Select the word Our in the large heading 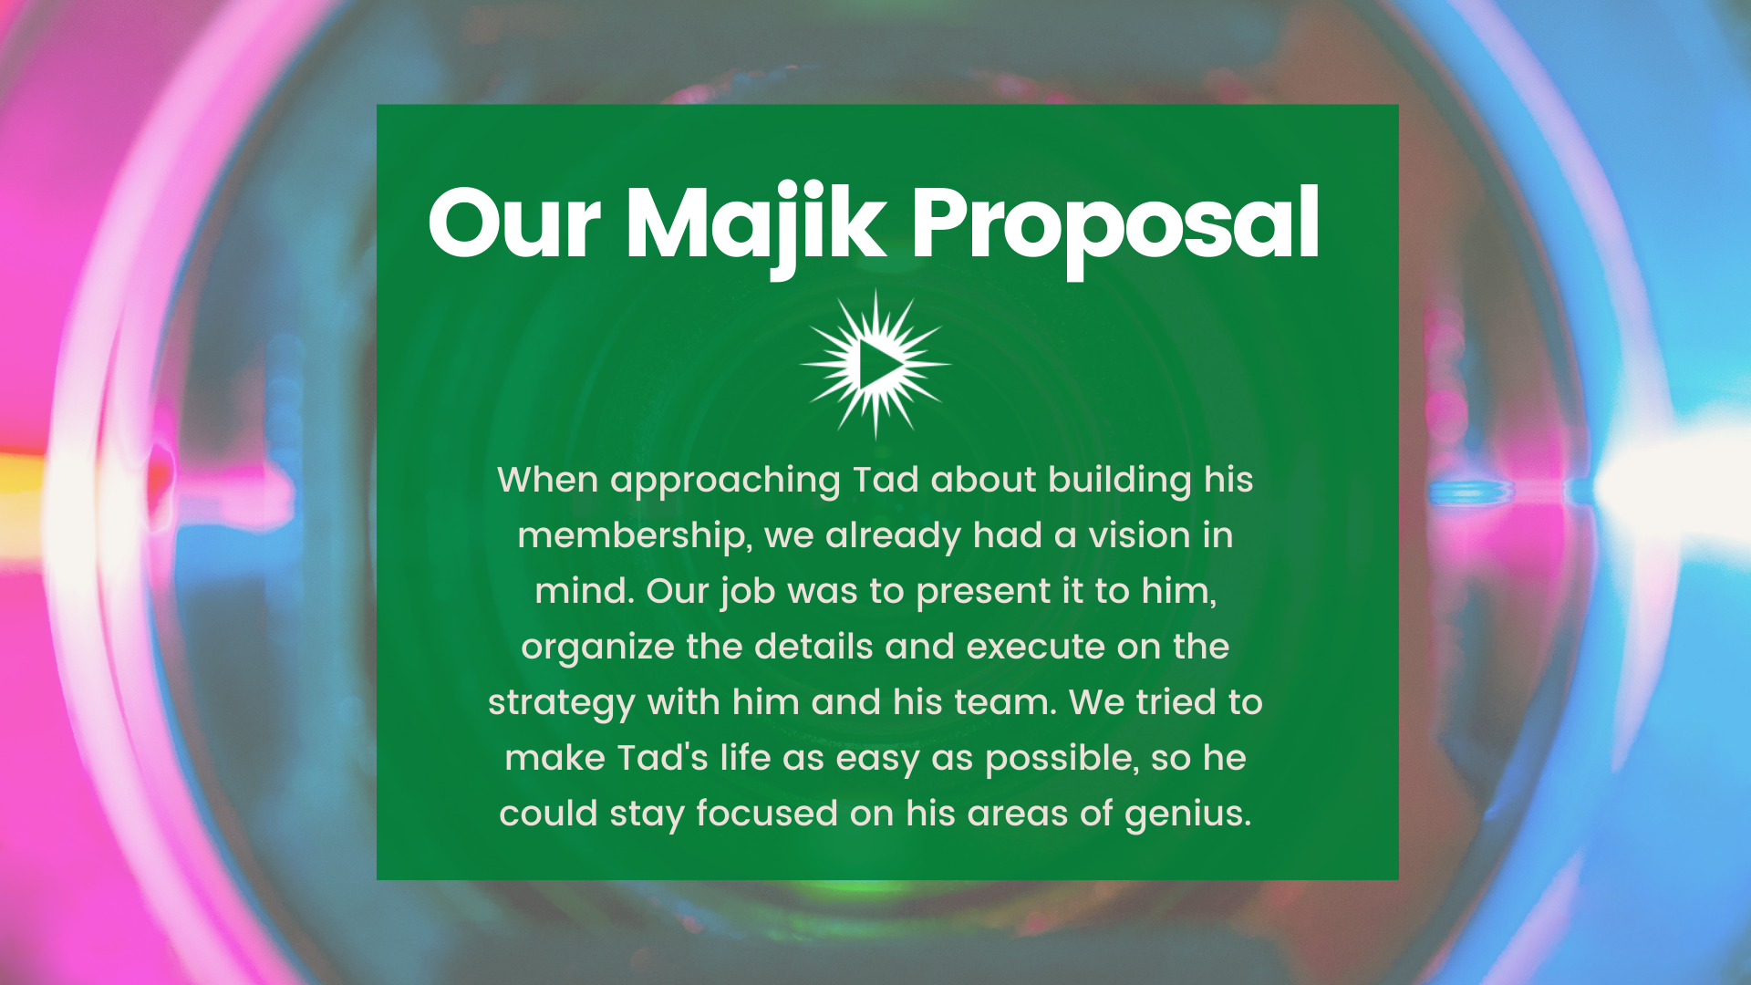pyautogui.click(x=514, y=223)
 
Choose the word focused pyautogui.click(x=767, y=813)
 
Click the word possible pyautogui.click(x=1062, y=759)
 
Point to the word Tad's pyautogui.click(x=662, y=757)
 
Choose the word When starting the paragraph pyautogui.click(x=547, y=480)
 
